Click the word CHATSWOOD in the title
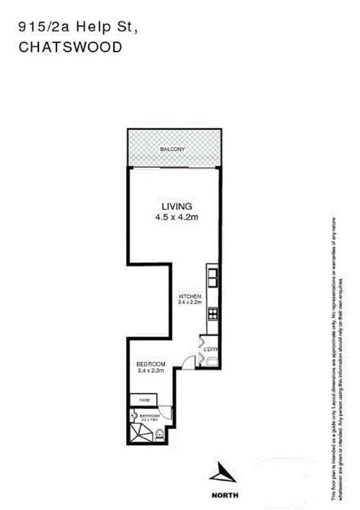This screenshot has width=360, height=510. pos(70,47)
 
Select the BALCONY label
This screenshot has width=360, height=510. pos(172,149)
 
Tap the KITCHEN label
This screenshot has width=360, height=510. pos(189,296)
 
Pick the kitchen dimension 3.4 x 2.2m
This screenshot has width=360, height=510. pos(189,302)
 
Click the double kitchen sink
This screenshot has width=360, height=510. pos(212,275)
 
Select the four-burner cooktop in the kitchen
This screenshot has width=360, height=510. pos(212,314)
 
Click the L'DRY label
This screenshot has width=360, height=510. pos(211,349)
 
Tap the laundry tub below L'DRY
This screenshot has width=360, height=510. pos(212,362)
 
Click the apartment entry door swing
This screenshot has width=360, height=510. pos(188,362)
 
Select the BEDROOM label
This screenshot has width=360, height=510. pos(150,364)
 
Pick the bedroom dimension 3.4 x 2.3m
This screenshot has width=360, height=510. pos(150,371)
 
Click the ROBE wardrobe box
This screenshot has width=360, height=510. pos(144,399)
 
